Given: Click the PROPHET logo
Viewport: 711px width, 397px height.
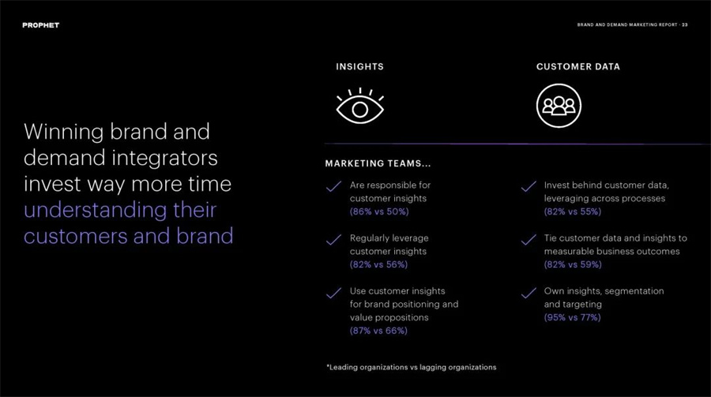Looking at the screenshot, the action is pos(41,25).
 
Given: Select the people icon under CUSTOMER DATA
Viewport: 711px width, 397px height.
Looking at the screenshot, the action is pos(559,106).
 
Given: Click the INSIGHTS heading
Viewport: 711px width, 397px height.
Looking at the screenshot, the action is pos(360,66).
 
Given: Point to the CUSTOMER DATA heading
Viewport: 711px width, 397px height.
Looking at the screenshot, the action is pos(578,66).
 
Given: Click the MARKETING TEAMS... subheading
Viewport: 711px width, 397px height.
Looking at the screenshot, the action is pos(378,163).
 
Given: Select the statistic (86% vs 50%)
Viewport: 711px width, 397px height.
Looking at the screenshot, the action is pos(379,212).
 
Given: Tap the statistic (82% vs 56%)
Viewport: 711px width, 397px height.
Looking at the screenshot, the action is pos(378,264).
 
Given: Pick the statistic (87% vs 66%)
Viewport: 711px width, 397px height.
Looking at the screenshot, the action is pos(378,331).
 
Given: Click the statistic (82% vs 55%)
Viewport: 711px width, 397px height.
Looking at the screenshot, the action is pos(573,212).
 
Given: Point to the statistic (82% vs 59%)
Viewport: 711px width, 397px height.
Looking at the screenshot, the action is pos(574,264).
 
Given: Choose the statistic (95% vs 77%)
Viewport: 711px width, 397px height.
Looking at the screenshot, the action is pos(572,318).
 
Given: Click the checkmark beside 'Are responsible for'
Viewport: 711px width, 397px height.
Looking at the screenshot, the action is pos(333,186).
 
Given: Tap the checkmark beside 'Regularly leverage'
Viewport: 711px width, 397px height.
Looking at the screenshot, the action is pos(333,239).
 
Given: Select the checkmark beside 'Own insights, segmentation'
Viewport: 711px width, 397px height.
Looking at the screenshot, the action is pos(529,293).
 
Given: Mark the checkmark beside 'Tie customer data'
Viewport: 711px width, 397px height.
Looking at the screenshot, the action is pos(529,239).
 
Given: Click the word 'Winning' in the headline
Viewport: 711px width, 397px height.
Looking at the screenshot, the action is pos(64,133).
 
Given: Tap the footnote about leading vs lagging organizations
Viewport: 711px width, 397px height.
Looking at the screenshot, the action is pos(412,367).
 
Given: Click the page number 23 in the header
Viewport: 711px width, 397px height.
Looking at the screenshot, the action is pos(685,25).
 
